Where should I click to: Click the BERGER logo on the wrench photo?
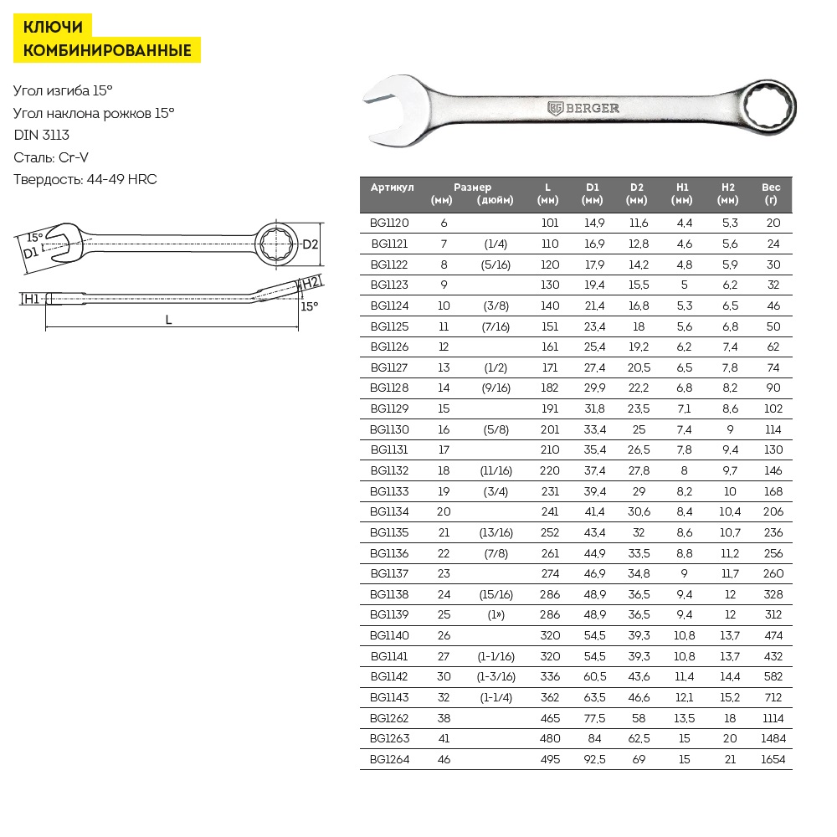coord(584,108)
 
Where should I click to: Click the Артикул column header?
coord(393,187)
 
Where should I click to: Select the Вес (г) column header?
coord(771,193)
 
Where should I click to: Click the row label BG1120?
coord(389,223)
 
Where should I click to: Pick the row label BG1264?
coord(389,759)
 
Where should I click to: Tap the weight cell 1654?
coord(773,759)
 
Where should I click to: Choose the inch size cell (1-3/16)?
coord(496,677)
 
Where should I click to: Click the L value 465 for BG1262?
coord(549,718)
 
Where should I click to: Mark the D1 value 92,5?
coord(593,759)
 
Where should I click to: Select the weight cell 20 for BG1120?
coord(773,223)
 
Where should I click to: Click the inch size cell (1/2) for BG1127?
coord(496,367)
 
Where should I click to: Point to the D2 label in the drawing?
coord(310,244)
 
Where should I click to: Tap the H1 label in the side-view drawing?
coord(31,298)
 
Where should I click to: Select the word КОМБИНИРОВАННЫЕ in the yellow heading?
coord(107,50)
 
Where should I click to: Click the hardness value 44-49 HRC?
coord(121,179)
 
